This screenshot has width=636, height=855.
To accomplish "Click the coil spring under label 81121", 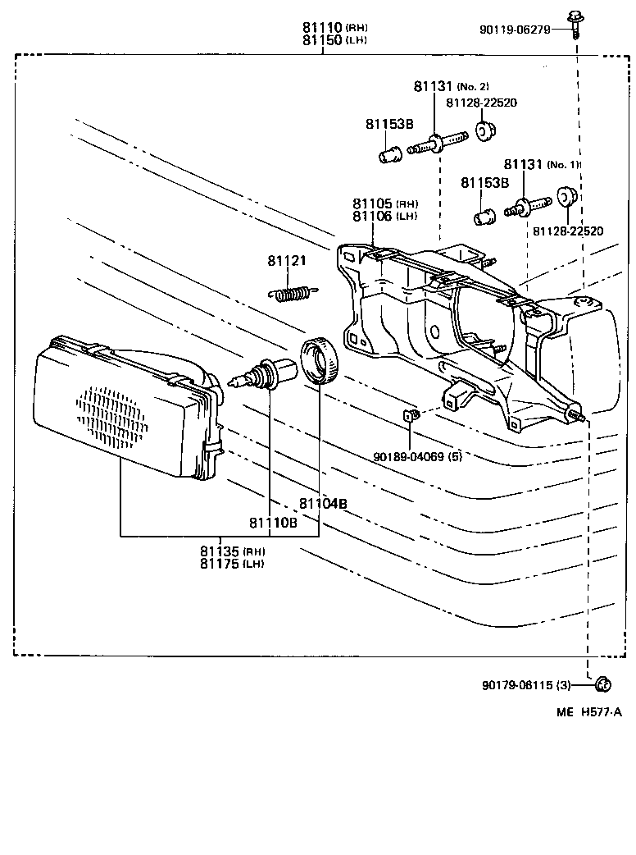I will click(x=293, y=292).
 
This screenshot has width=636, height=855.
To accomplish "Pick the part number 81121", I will click(x=286, y=261).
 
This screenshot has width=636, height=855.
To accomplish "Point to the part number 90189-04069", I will click(x=410, y=456).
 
